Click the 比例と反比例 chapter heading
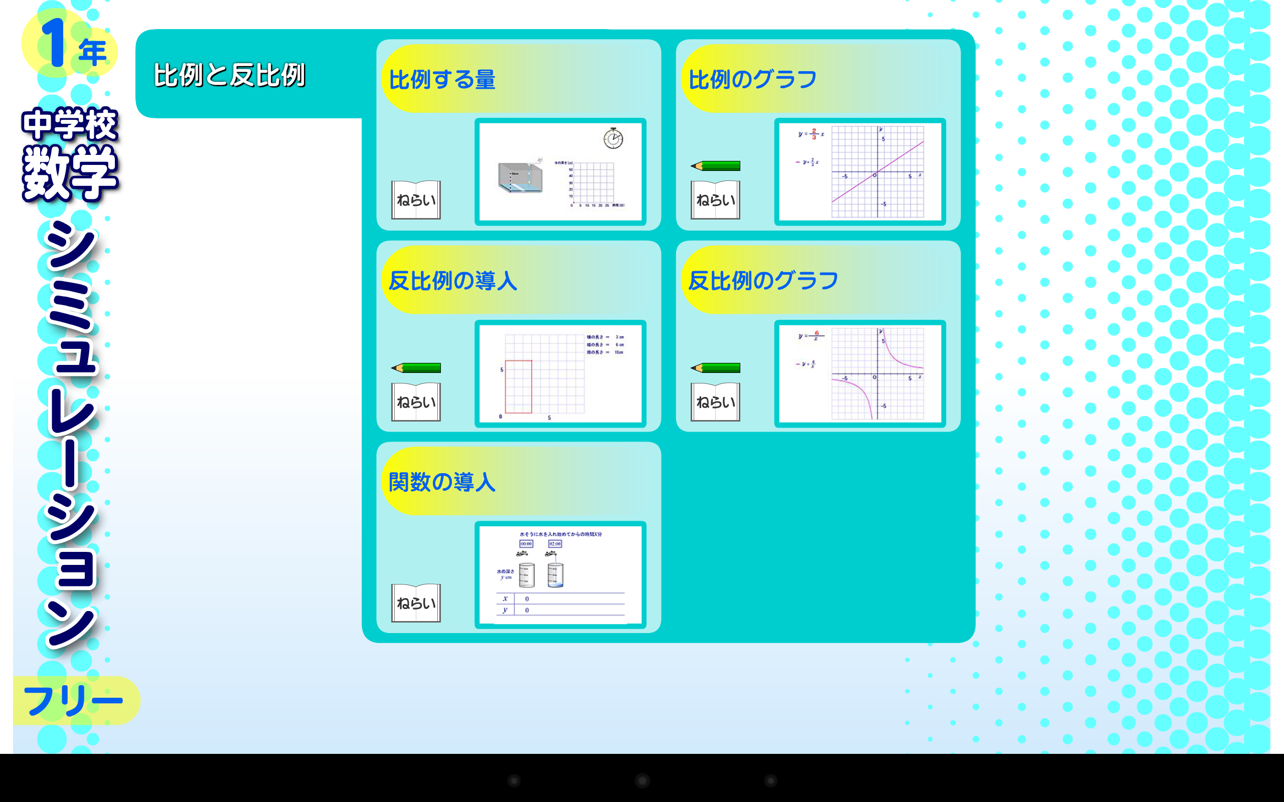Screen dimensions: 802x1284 (229, 75)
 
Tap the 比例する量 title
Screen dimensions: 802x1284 (442, 80)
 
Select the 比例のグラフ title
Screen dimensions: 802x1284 (752, 80)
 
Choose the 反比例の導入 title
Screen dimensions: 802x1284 (452, 281)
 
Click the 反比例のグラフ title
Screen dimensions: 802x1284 (763, 281)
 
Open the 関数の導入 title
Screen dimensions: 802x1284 (442, 482)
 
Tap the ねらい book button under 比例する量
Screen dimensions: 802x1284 (416, 200)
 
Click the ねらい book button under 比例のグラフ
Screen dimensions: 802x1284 (715, 200)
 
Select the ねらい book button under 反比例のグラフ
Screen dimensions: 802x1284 (715, 402)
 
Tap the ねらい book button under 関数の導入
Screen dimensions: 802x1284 (416, 603)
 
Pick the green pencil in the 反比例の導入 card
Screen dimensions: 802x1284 (416, 367)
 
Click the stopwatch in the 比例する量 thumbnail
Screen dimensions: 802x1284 (613, 138)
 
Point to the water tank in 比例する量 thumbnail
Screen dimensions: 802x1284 (521, 177)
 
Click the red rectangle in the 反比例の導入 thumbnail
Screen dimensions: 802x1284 (518, 386)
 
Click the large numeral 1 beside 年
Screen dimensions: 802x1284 (53, 44)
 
